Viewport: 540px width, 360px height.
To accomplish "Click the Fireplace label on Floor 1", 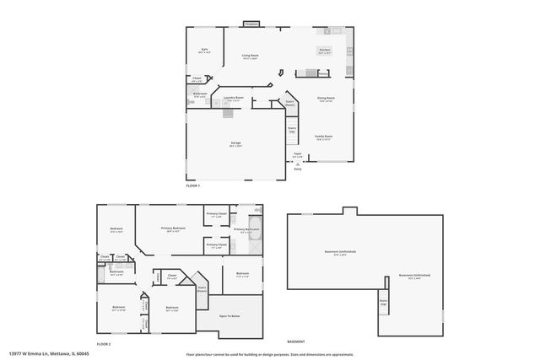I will [x=251, y=24].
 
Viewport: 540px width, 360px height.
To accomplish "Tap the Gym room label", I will [x=204, y=51].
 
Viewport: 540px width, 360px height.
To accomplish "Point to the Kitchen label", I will [x=324, y=51].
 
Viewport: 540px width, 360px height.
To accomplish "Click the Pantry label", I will [x=323, y=73].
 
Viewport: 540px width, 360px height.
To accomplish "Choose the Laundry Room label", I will [x=234, y=98].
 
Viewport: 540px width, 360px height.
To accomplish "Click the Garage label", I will [x=235, y=143].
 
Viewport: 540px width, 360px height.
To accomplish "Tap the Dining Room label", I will [x=326, y=99].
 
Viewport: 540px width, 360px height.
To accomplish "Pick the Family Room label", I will [x=324, y=137].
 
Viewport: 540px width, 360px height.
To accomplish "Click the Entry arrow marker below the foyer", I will [x=297, y=164].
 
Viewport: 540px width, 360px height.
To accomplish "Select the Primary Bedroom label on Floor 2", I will [x=173, y=229].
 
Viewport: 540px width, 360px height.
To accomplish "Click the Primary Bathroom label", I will [x=246, y=229].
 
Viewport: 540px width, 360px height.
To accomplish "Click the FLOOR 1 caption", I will [x=192, y=185].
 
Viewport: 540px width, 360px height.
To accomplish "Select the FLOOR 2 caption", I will [x=104, y=345].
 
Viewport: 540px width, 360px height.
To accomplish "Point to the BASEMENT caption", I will [x=295, y=341].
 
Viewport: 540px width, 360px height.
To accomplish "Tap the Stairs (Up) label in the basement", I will [x=383, y=302].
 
